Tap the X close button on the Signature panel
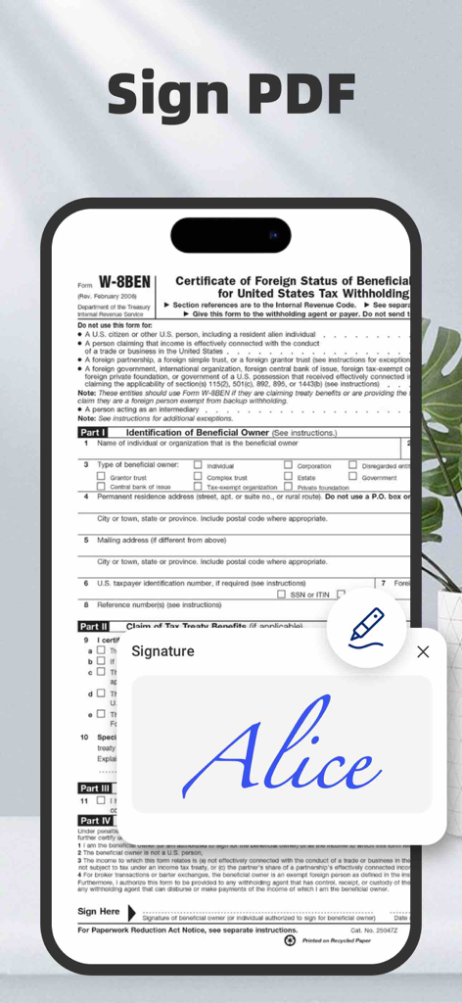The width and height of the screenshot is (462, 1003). point(423,651)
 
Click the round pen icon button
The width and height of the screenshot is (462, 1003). point(366,627)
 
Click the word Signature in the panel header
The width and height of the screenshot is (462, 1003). point(162,651)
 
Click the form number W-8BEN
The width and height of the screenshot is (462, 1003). point(122,284)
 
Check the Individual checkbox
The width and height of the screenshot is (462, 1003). point(198,465)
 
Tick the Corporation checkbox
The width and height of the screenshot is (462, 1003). point(289,465)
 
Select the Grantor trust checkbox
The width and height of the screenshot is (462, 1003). point(101,477)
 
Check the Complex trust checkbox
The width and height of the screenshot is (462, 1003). point(198,477)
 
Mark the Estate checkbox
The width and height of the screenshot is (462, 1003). point(289,477)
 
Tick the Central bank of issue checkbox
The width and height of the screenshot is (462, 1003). point(101,487)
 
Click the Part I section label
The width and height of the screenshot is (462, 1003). point(94,432)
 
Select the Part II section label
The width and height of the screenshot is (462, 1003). point(94,627)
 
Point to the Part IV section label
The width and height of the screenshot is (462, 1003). point(95,821)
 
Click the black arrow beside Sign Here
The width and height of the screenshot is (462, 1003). point(131,912)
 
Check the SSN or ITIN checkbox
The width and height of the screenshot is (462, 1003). point(281,595)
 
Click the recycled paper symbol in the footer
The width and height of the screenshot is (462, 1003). point(290,940)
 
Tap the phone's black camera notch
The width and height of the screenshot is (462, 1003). point(231,235)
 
